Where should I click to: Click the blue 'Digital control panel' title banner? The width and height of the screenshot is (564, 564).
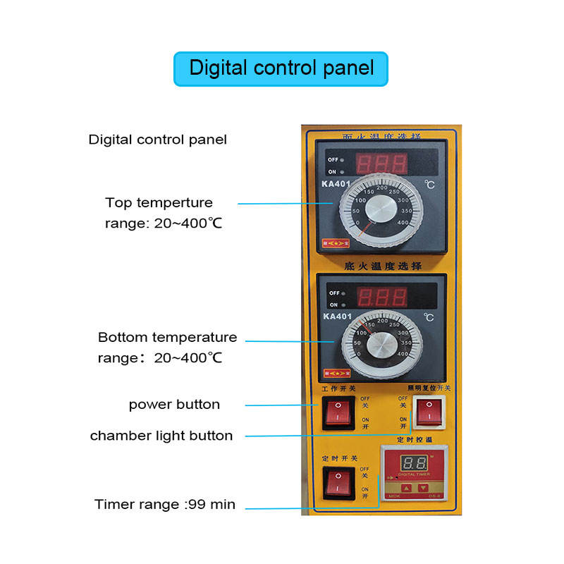pos(281,68)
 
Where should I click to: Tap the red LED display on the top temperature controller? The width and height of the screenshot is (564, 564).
pos(381,164)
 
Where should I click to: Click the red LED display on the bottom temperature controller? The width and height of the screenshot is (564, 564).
pos(381,296)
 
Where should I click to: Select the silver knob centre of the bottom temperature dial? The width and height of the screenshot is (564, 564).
pos(383,345)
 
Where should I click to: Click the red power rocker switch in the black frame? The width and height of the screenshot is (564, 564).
pos(337,412)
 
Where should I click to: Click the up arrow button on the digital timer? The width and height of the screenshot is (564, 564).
pos(407,487)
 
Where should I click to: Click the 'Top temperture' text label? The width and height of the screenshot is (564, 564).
pos(159,203)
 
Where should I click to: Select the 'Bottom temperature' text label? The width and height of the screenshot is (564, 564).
pos(167,338)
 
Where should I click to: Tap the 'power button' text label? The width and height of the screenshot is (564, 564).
pos(174,405)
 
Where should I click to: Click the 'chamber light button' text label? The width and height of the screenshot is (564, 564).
pos(161,436)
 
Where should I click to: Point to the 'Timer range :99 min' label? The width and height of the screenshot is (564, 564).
pos(165,505)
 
